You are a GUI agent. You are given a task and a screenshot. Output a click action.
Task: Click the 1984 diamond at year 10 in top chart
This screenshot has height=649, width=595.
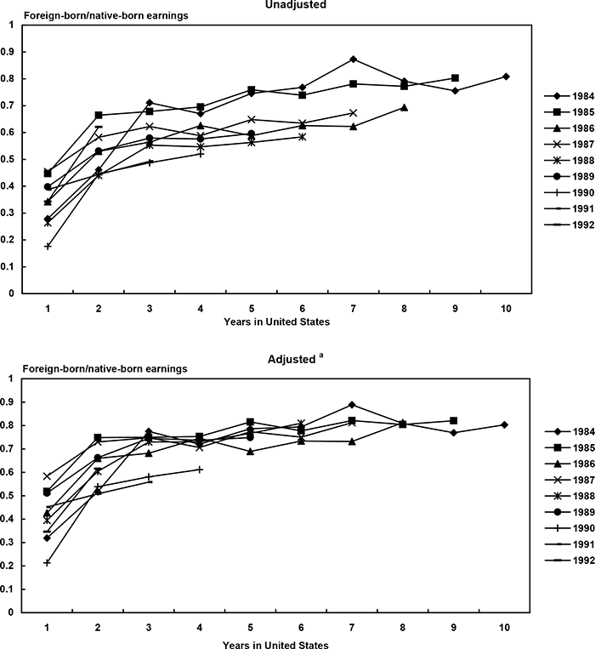(506, 77)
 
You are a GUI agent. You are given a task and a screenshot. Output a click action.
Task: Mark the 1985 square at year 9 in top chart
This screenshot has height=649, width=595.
(456, 78)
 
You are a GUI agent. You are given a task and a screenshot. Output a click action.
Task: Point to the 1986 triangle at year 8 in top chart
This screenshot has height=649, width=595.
(404, 107)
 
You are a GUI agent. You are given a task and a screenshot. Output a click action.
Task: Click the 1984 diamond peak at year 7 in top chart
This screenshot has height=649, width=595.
(353, 59)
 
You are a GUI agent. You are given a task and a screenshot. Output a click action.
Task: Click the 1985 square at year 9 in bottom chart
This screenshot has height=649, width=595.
(454, 420)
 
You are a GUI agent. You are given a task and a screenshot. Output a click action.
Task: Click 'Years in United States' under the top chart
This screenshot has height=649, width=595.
(277, 322)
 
